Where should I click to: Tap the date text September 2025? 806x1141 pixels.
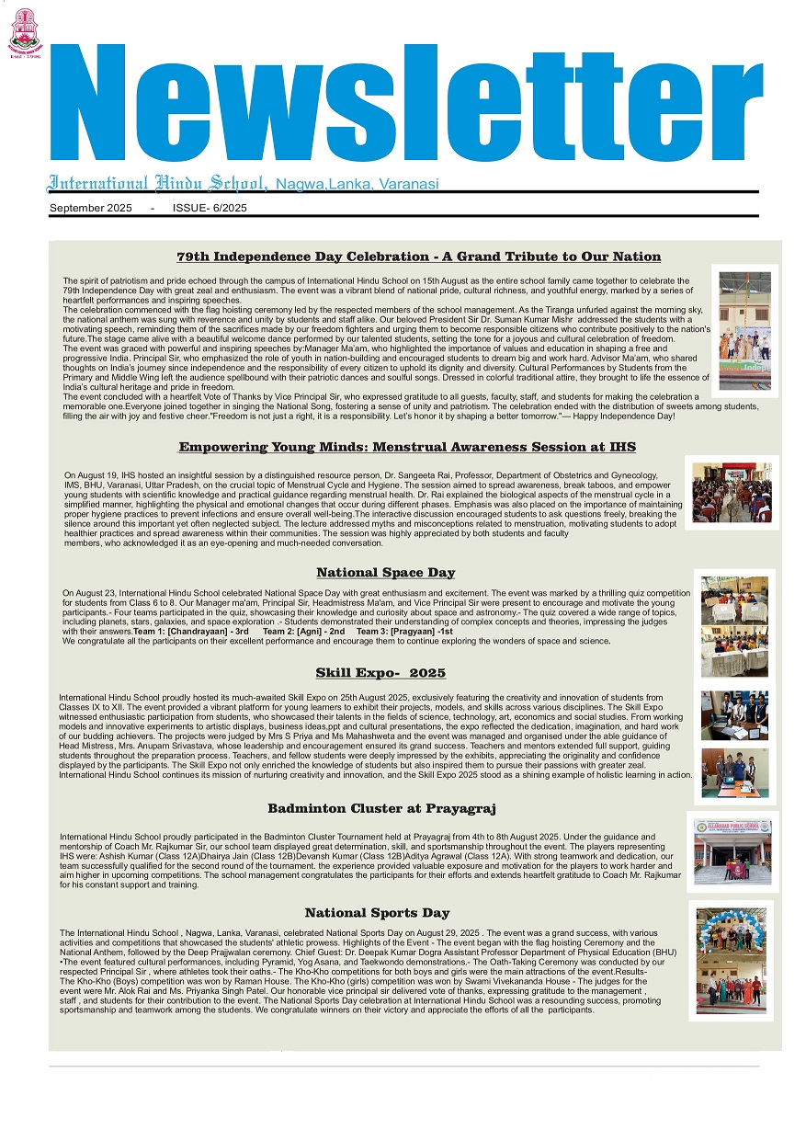click(x=91, y=208)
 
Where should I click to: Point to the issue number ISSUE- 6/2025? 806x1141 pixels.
click(x=210, y=208)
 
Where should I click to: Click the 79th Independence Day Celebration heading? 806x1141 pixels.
click(x=418, y=257)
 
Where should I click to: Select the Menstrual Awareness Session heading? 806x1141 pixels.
click(x=407, y=447)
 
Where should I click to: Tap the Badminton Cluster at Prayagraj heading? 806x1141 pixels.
click(x=381, y=808)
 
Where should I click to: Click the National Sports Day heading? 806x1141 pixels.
click(x=377, y=913)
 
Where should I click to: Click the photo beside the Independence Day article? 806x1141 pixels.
click(x=744, y=329)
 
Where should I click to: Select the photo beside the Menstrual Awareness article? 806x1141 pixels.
click(x=732, y=493)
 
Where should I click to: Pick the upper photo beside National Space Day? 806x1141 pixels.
click(x=734, y=600)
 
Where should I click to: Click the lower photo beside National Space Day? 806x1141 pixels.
click(x=734, y=651)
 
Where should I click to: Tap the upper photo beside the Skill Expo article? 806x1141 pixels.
click(x=734, y=714)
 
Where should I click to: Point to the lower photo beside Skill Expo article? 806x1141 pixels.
click(x=734, y=772)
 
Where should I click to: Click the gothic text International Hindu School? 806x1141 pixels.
click(x=157, y=182)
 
